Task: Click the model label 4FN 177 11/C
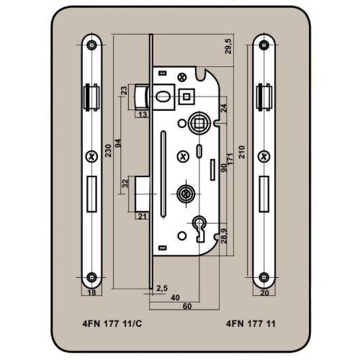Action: pyautogui.click(x=112, y=323)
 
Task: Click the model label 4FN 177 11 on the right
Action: pyautogui.click(x=251, y=323)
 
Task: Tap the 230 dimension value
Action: pyautogui.click(x=109, y=150)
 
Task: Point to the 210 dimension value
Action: pyautogui.click(x=242, y=152)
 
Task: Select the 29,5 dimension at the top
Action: pyautogui.click(x=229, y=46)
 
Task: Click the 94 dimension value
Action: pyautogui.click(x=118, y=143)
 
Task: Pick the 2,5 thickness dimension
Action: pyautogui.click(x=162, y=288)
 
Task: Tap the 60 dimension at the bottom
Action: pyautogui.click(x=187, y=306)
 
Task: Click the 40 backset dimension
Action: pyautogui.click(x=175, y=297)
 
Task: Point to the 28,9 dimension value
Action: pyautogui.click(x=224, y=235)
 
